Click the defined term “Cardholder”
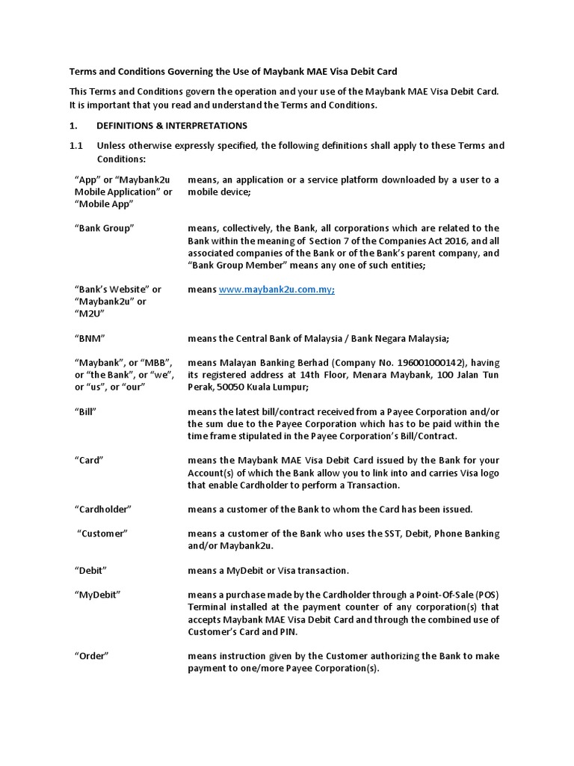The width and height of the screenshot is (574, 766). (103, 509)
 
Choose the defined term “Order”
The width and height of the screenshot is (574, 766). (92, 655)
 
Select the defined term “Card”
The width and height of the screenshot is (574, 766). (90, 460)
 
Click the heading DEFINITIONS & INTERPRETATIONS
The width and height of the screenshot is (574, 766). (171, 125)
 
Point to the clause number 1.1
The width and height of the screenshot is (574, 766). (76, 145)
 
